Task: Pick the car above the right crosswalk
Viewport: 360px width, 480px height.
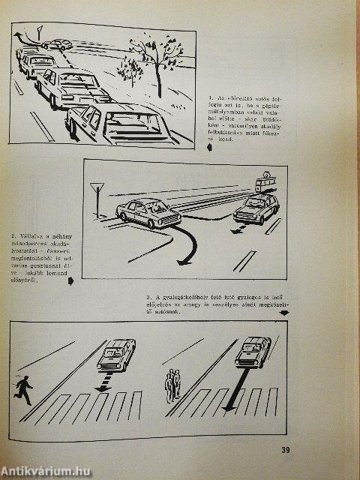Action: (252, 351)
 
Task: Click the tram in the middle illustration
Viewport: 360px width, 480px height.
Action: (265, 181)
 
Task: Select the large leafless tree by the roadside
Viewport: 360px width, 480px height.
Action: (158, 56)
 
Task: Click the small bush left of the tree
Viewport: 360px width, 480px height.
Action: (129, 72)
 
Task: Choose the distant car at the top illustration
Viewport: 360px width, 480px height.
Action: (57, 44)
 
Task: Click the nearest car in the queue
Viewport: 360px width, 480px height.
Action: (116, 123)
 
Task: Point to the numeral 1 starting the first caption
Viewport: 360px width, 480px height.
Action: (211, 97)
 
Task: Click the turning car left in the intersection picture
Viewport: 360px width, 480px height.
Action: (148, 213)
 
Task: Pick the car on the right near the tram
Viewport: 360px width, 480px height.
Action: (256, 209)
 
